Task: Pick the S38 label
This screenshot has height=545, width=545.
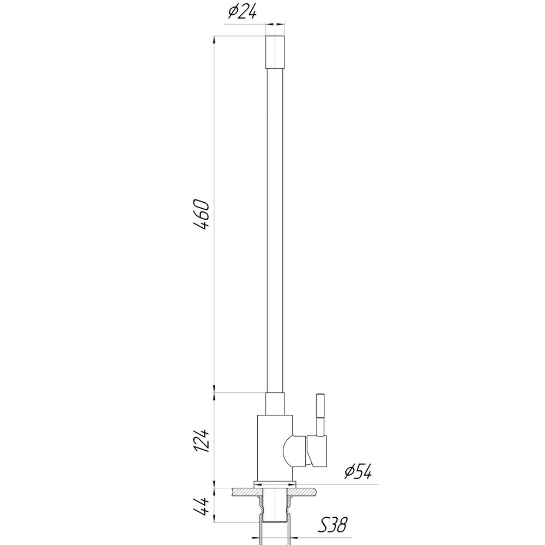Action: [332, 525]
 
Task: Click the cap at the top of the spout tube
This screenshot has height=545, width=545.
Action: [275, 52]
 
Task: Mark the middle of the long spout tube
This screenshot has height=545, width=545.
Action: [275, 229]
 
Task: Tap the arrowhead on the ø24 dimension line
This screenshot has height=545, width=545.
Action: [281, 24]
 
